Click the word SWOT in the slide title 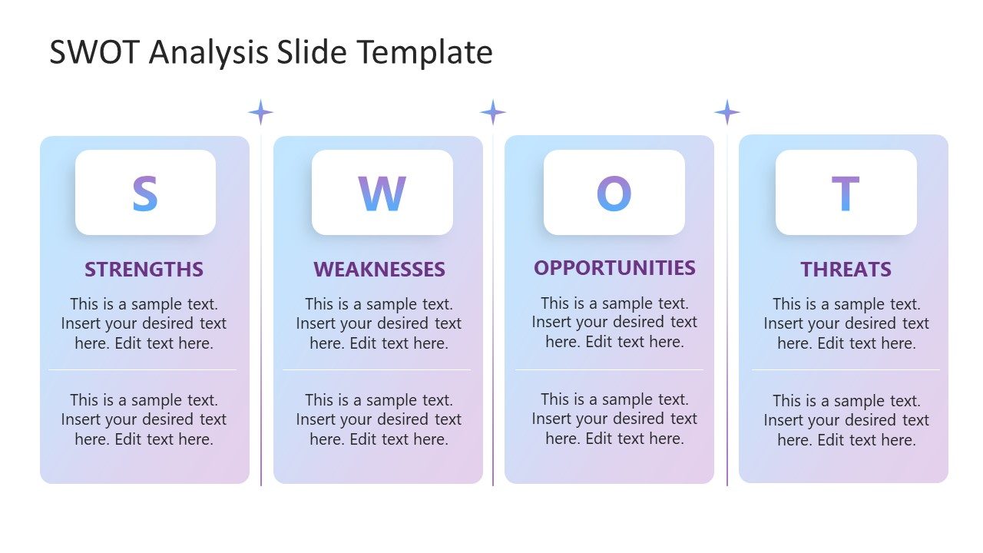click(x=95, y=52)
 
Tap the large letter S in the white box click(x=144, y=194)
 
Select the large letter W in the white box click(x=382, y=194)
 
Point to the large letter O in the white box click(x=614, y=194)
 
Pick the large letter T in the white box click(x=846, y=194)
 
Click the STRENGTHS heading click(x=144, y=270)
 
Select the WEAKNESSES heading click(x=379, y=270)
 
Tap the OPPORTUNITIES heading click(x=614, y=268)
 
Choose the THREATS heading click(x=846, y=270)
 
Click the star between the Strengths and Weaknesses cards click(x=260, y=112)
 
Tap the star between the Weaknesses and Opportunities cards click(x=493, y=112)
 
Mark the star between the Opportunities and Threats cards click(x=726, y=112)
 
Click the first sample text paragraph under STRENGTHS click(x=144, y=323)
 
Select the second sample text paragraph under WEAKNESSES click(x=379, y=419)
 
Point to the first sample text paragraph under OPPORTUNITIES click(x=614, y=323)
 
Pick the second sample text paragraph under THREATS click(x=846, y=420)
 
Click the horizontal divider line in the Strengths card click(x=143, y=370)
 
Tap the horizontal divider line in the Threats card click(x=845, y=370)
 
